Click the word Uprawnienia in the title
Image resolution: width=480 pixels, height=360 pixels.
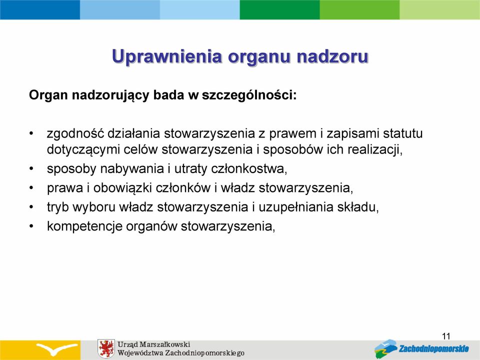(x=167, y=56)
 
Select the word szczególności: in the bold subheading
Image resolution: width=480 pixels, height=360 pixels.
(x=249, y=95)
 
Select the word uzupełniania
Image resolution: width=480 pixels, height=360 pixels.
(x=296, y=207)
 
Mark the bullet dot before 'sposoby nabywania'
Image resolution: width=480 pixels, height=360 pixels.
(x=31, y=168)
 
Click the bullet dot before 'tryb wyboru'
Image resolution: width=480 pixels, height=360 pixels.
(x=31, y=207)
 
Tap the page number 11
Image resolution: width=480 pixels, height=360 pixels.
(x=446, y=336)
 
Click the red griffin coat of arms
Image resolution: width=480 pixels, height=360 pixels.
(x=106, y=348)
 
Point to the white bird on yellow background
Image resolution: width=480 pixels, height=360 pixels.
(x=57, y=348)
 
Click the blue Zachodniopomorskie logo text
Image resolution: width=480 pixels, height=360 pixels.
(x=434, y=348)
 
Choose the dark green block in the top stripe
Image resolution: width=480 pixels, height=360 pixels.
(x=280, y=9)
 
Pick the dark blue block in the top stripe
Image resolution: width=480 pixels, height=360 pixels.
(x=40, y=9)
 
